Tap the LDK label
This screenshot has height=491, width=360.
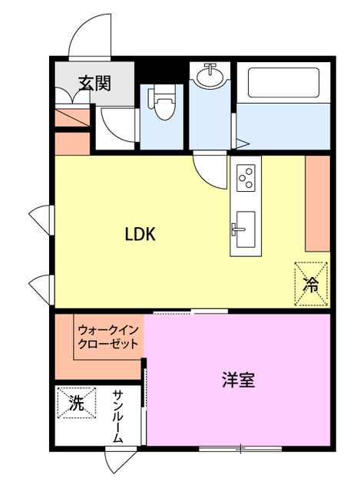(x=140, y=235)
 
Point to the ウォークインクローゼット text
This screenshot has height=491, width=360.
(x=107, y=337)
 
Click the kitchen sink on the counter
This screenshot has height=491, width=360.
(x=245, y=228)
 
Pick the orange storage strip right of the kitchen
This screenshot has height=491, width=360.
(x=317, y=203)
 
